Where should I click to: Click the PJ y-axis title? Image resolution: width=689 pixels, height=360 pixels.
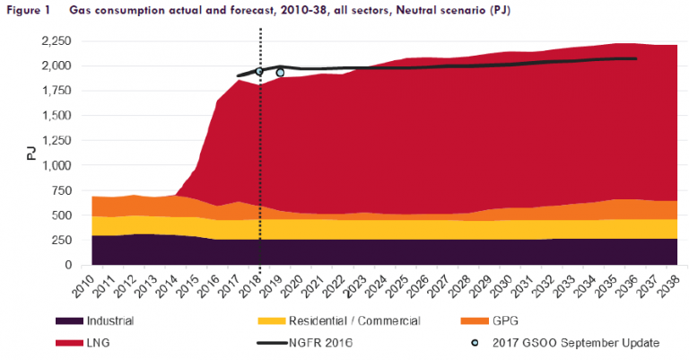pos(31,153)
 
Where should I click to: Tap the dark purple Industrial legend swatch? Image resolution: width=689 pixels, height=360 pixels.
pos(69,320)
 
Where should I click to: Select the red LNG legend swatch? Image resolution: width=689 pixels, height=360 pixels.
pos(69,343)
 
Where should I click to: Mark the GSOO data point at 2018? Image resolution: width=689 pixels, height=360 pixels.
pos(259,71)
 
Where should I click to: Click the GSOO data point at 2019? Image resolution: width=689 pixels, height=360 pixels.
pos(280,73)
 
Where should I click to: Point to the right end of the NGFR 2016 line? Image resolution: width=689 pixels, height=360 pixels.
pos(636,58)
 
